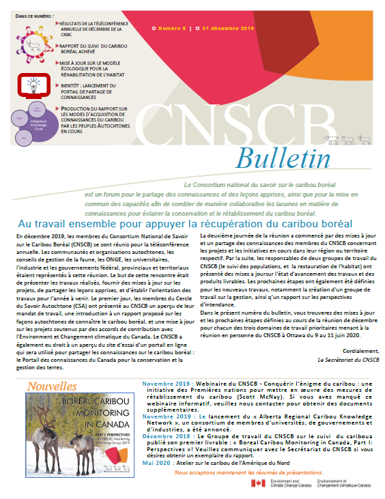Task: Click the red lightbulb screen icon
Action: pyautogui.click(x=31, y=84)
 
